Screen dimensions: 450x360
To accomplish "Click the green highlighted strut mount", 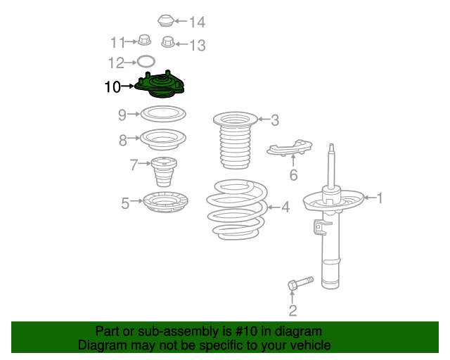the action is click(160, 84).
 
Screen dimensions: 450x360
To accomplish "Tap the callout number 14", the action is click(197, 22).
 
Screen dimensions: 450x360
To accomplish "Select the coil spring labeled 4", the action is click(237, 210).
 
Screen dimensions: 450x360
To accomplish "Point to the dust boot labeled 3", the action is click(235, 140).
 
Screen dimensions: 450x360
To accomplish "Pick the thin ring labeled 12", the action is click(146, 61).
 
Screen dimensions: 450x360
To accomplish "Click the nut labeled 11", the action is click(144, 40).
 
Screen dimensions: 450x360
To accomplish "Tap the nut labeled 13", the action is click(168, 42).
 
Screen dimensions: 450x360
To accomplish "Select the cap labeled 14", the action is click(166, 20).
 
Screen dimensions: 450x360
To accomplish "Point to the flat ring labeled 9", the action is click(163, 114).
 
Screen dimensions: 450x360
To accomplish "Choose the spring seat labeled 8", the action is click(163, 139).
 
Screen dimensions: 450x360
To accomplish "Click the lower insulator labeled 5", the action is click(166, 202).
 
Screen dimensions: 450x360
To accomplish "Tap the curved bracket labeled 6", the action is click(289, 148).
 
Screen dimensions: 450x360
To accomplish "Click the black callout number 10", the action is click(112, 86).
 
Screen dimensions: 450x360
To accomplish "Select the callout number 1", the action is click(380, 198).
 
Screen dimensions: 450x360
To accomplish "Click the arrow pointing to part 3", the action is click(264, 119).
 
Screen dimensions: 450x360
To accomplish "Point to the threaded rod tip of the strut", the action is click(331, 148).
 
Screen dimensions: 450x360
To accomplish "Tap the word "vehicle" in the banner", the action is click(311, 345).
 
